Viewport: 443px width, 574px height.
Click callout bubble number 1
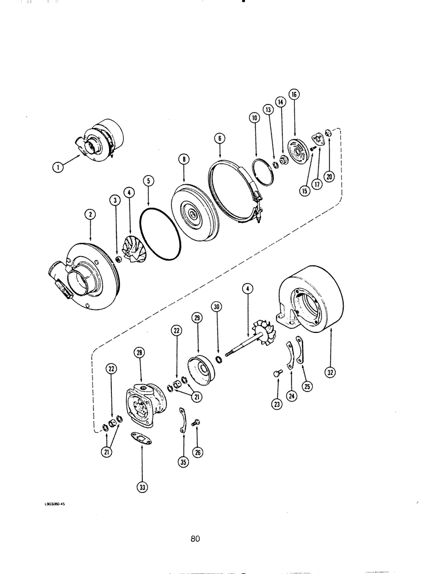click(57, 167)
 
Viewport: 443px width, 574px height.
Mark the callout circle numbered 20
click(328, 177)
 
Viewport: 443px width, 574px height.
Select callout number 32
click(331, 373)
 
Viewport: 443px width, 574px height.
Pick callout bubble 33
click(142, 488)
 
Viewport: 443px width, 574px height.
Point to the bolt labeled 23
click(277, 374)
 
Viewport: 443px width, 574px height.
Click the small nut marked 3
click(118, 260)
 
